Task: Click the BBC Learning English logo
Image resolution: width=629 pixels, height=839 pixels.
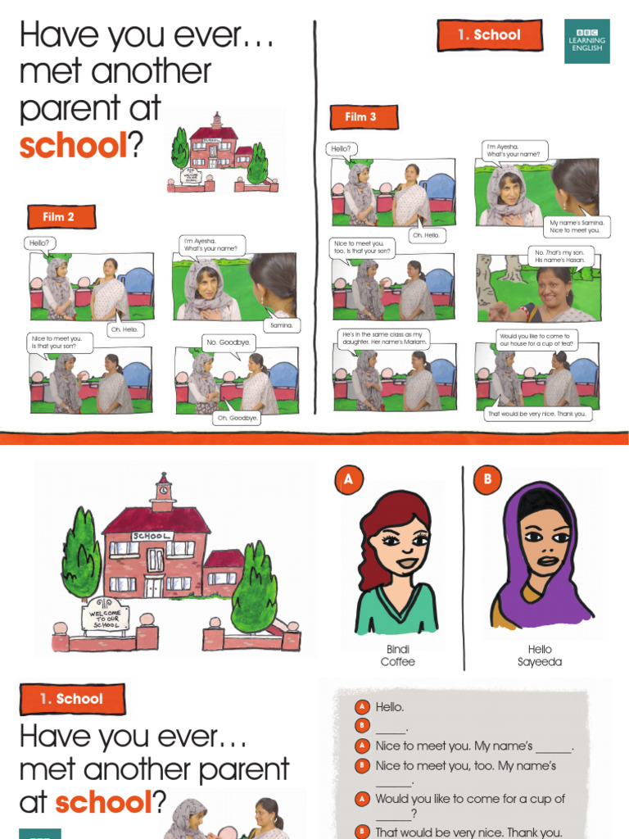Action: coord(586,41)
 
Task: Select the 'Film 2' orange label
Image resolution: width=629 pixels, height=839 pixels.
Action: coord(59,217)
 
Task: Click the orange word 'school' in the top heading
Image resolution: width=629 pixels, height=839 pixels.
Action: coord(71,146)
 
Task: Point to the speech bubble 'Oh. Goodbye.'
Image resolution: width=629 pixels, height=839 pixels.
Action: coord(237,418)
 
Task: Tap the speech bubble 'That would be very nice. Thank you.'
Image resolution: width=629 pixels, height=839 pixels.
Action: coord(537,414)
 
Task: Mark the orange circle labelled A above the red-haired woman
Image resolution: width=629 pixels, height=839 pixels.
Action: coord(348,480)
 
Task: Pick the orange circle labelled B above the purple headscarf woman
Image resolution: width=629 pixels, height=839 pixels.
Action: coord(486,480)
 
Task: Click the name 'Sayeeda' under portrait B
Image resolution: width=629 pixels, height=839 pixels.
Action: coord(540,662)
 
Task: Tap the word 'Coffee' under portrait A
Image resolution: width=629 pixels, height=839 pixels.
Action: coord(398,662)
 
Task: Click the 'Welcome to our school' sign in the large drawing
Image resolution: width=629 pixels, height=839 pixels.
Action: coord(105,618)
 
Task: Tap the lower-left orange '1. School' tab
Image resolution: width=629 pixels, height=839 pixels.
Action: coord(72,699)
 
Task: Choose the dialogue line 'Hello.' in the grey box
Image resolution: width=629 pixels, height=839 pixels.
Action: coord(390,706)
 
